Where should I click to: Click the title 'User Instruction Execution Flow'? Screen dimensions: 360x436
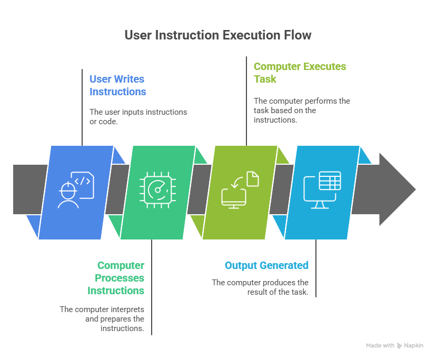coord(218,35)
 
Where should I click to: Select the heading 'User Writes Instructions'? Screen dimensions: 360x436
coord(117,85)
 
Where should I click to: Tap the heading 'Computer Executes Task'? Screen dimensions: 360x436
coord(300,73)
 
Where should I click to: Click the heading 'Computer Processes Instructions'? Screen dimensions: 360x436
coord(116,278)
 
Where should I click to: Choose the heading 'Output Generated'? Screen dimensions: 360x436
coord(266,265)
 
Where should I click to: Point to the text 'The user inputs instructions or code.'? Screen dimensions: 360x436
coord(138,117)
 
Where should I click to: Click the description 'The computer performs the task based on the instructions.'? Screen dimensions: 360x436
coord(302,110)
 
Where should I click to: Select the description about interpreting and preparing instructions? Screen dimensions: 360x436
coord(102,318)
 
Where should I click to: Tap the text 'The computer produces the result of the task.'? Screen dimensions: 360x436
coord(260,287)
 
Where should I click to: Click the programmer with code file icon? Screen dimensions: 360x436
coord(76,189)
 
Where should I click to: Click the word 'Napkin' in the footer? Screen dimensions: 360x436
coord(414,346)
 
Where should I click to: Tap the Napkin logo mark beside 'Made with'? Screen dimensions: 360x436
coord(400,346)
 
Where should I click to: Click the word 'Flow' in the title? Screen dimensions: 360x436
coord(298,35)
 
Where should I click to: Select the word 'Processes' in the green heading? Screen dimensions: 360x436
coord(120,278)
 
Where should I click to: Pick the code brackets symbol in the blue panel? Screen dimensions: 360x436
coord(84,181)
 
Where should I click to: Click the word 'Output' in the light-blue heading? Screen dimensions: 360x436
coord(240,265)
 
